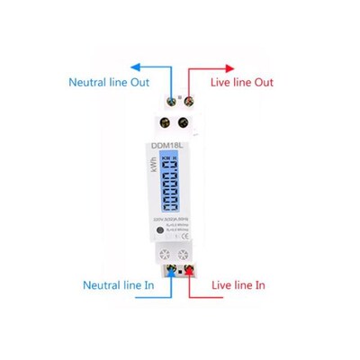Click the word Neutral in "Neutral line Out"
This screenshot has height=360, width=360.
[x=88, y=82]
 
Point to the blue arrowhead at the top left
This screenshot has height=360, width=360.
[x=136, y=65]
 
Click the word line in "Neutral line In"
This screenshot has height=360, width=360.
[x=126, y=284]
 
